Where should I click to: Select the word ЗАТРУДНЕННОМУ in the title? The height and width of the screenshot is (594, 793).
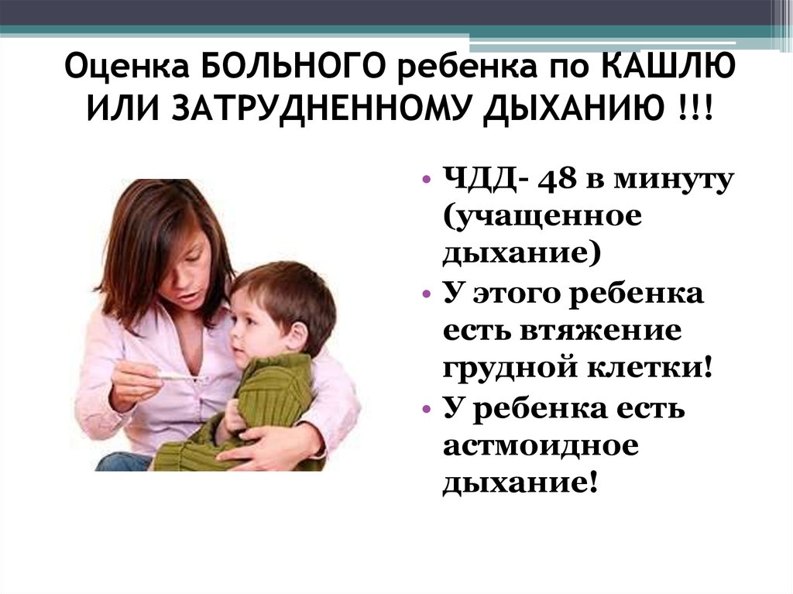321,108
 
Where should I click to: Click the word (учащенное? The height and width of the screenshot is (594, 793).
543,218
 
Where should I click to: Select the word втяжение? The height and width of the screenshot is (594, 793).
600,331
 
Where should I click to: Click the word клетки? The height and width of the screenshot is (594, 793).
651,367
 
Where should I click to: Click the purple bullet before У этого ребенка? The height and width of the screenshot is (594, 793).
427,294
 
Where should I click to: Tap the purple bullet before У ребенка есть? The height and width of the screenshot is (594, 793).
427,408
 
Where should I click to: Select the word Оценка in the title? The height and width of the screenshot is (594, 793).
127,67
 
